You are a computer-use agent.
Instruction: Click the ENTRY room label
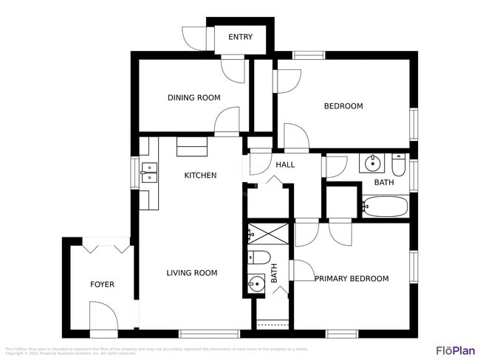[240, 37]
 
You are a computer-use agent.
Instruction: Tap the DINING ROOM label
[193, 97]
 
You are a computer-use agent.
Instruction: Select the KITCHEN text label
[200, 176]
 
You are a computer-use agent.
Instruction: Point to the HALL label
[285, 165]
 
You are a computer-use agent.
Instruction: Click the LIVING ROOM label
[191, 273]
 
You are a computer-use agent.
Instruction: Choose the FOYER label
[102, 284]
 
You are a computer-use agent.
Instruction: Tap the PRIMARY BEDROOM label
[352, 278]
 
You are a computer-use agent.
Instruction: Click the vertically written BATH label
[274, 274]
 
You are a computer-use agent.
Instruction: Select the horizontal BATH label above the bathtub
[384, 182]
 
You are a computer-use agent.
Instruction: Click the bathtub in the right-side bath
[385, 206]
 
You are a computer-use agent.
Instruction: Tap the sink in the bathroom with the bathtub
[371, 162]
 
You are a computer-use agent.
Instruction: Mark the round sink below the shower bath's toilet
[257, 283]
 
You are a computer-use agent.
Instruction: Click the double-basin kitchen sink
[148, 172]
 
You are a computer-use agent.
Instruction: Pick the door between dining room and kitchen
[227, 122]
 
